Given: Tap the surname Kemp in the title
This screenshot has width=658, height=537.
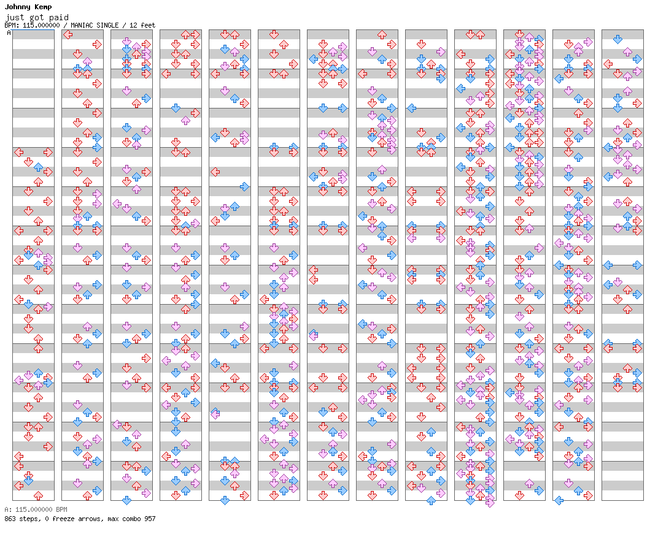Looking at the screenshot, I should coord(44,7).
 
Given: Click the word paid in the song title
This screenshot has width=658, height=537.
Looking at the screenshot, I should coord(59,17).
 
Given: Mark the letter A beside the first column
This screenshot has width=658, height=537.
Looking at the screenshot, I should coord(9,33).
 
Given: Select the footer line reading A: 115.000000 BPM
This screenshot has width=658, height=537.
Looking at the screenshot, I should coord(36,509).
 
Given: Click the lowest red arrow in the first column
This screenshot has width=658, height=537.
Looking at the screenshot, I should coord(38,495).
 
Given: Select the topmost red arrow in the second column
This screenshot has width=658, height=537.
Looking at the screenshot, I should coord(68,34).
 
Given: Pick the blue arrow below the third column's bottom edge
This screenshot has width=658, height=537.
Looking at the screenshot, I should coord(126,500).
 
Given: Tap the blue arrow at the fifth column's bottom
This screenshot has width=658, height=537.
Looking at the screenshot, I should coord(225,500).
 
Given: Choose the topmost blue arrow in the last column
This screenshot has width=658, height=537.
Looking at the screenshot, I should coord(617,39).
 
